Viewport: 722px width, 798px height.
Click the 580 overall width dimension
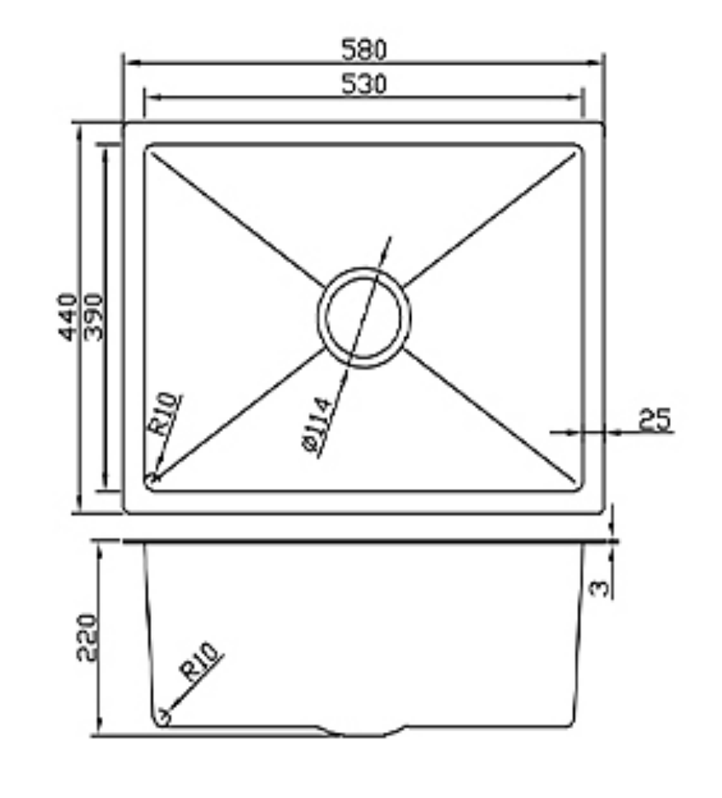363,49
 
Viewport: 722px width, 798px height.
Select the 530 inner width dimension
363,84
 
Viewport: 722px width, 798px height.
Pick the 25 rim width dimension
656,419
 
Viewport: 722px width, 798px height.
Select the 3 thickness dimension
602,587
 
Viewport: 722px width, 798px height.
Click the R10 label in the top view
164,414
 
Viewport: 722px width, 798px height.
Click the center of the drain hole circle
363,317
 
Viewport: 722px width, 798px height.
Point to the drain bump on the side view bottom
363,732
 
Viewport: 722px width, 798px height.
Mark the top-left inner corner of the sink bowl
149,149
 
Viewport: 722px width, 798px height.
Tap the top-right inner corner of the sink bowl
579,149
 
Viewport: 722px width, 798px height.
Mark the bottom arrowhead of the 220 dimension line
99,731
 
